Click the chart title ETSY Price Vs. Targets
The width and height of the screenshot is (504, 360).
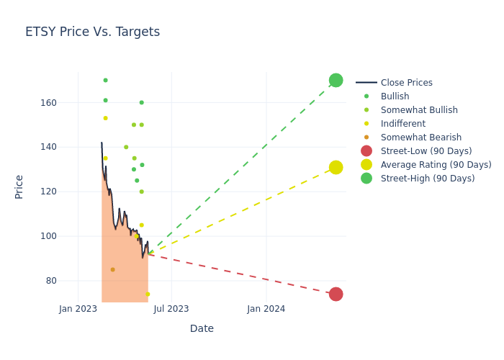[92, 32]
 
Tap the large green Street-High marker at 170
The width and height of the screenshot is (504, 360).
[336, 80]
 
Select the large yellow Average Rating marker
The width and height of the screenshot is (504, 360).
[336, 167]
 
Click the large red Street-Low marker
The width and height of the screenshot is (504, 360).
[336, 294]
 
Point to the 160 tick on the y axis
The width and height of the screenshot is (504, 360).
[68, 103]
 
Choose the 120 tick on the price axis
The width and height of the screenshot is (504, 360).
[68, 192]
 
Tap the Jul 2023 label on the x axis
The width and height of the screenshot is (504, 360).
[171, 309]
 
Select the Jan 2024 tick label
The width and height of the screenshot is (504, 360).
[266, 309]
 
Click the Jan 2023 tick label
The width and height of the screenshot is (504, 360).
[78, 309]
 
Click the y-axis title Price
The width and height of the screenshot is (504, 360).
[19, 186]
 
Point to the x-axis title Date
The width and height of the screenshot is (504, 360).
[202, 328]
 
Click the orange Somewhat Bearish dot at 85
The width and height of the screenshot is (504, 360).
[112, 269]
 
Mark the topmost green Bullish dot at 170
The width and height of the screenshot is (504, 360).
[105, 80]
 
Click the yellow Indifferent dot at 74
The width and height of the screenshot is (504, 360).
[148, 294]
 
